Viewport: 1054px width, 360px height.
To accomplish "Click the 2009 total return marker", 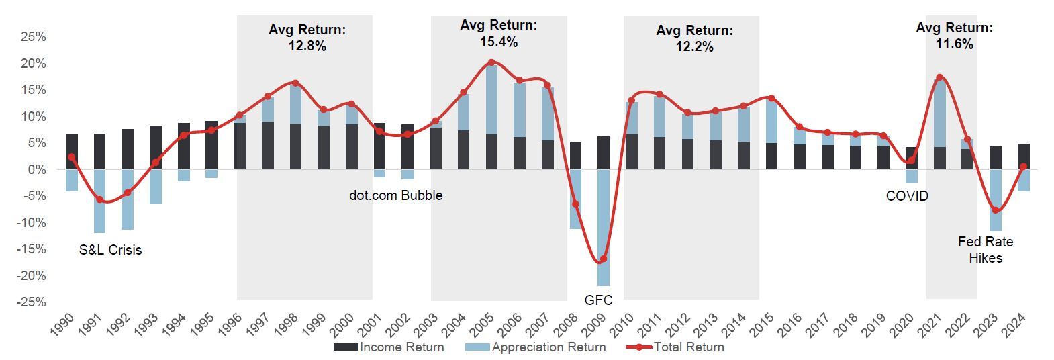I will [603, 259].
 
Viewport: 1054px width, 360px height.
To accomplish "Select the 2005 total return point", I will [491, 62].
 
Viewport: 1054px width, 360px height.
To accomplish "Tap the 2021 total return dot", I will [939, 77].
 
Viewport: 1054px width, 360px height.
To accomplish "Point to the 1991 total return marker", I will [99, 199].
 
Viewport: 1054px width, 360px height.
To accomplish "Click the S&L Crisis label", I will [111, 250].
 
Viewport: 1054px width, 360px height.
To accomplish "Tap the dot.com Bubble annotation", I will [396, 195].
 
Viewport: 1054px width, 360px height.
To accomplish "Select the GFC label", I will [598, 300].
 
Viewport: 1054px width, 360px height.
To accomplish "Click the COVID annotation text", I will [907, 196].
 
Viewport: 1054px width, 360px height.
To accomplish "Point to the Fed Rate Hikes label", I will [986, 250].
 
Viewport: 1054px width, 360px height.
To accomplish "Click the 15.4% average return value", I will [498, 42].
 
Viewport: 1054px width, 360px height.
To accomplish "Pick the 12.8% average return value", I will [307, 46].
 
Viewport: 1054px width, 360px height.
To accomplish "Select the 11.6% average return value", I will [954, 44].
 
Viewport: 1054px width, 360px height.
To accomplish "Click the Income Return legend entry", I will [389, 347].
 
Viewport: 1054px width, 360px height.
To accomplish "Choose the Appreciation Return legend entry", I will [536, 347].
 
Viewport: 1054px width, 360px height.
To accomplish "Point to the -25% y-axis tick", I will [32, 302].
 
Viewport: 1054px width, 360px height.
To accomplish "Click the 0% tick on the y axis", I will [37, 170].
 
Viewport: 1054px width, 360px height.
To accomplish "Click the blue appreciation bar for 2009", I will [603, 228].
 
